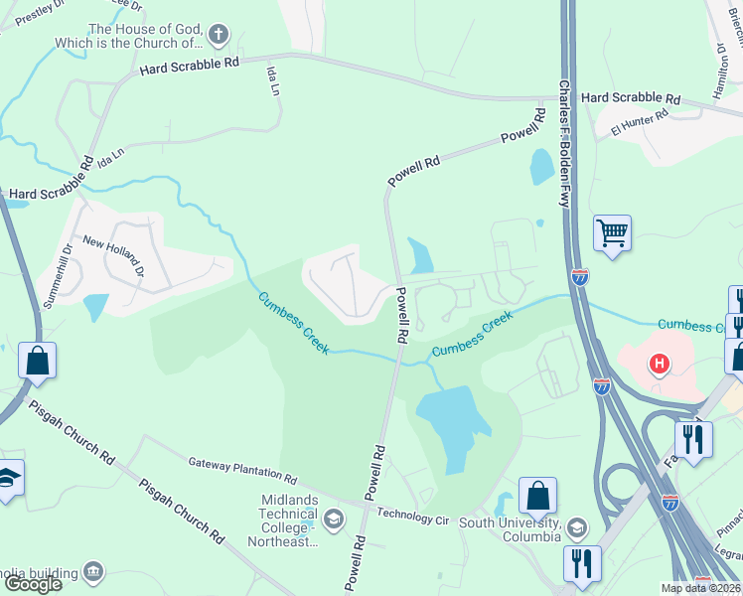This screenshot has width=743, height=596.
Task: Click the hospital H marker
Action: [x=659, y=365]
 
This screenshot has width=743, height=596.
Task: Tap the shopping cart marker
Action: [x=612, y=234]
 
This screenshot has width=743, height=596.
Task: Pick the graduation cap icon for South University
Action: [x=575, y=527]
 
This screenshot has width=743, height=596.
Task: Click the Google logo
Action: [x=33, y=584]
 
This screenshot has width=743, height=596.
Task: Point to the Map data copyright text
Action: [x=701, y=588]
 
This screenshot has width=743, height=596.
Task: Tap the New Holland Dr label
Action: [x=114, y=255]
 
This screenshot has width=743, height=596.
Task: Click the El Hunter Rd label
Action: [x=640, y=122]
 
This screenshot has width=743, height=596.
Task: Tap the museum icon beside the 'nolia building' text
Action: [x=93, y=571]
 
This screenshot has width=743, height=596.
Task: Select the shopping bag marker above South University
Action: [x=537, y=494]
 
